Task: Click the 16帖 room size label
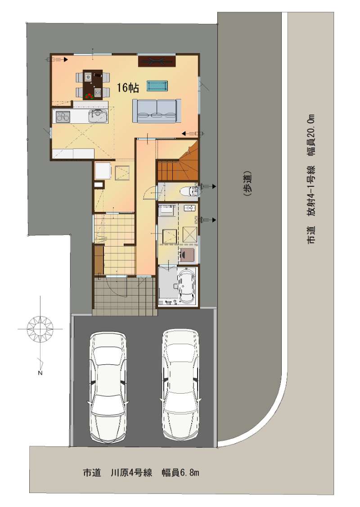[x=128, y=88]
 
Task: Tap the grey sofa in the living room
[x=157, y=111]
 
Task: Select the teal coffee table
[x=157, y=85]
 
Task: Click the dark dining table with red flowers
[x=93, y=84]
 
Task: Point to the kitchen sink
[x=98, y=116]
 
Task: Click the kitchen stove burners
[x=63, y=116]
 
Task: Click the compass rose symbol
[x=40, y=329]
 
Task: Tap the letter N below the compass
[x=40, y=373]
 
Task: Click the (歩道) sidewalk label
[x=247, y=184]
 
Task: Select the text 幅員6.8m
[x=180, y=473]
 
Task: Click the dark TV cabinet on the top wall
[x=157, y=61]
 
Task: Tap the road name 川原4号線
[x=131, y=473]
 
